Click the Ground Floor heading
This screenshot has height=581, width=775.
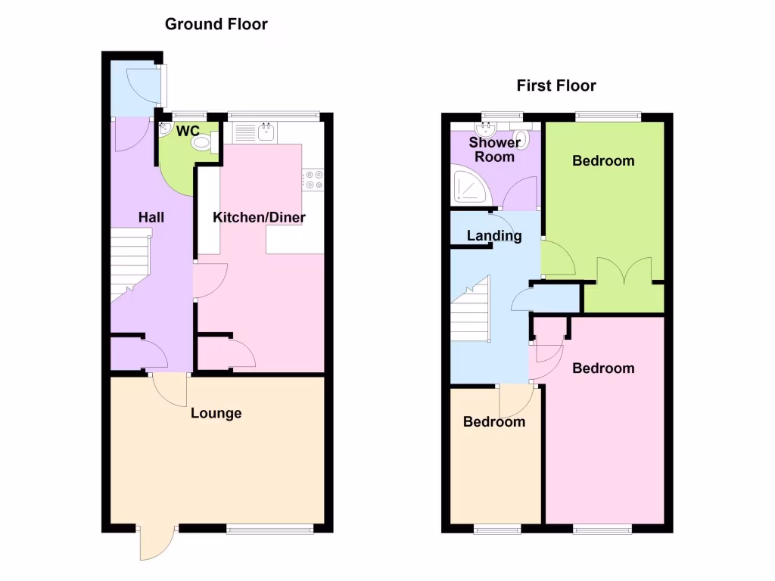[x=216, y=24]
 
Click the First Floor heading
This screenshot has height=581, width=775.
[x=556, y=85]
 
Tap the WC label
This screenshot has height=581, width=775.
[x=188, y=131]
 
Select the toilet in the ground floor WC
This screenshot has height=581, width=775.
[x=202, y=142]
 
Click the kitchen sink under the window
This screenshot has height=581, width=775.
[x=266, y=132]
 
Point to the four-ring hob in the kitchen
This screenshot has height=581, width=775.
[x=313, y=180]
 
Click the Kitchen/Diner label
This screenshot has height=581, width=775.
[x=259, y=218]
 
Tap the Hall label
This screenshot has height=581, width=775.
[x=151, y=217]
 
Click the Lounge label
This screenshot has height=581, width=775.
[x=216, y=413]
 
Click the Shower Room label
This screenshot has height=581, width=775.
[x=494, y=150]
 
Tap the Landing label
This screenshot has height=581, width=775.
[x=493, y=236]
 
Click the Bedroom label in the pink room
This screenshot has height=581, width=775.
[x=602, y=368]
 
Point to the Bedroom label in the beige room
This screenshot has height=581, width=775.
[x=493, y=422]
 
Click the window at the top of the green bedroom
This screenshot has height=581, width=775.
[x=608, y=117]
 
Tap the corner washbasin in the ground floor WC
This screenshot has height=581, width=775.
[x=166, y=129]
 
